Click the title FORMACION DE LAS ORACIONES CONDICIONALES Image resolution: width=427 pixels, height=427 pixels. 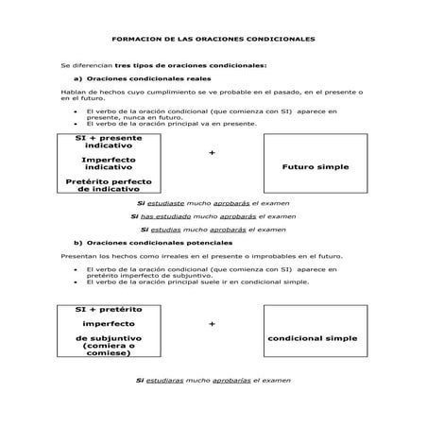[213, 39]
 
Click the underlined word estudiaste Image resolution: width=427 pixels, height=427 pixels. [166, 203]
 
